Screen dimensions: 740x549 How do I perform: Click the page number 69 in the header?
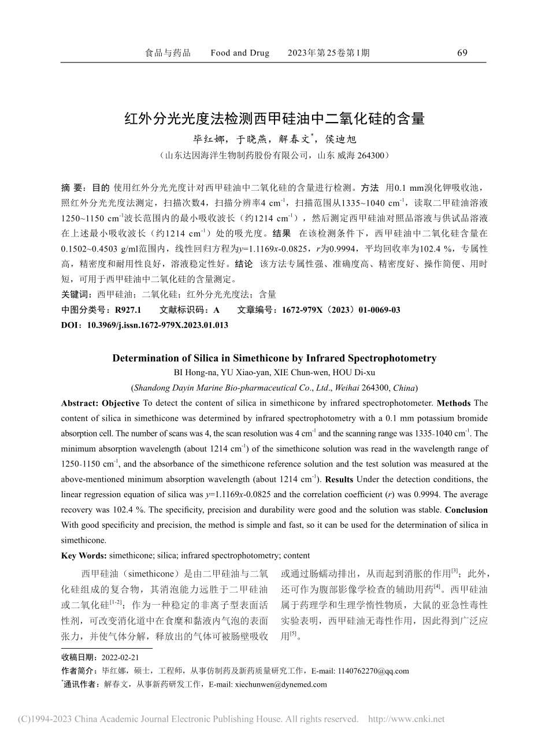coord(462,53)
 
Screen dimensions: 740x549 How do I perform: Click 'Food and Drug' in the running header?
coord(240,53)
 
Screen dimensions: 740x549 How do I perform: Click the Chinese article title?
coord(274,119)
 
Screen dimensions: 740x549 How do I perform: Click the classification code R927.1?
coord(128,310)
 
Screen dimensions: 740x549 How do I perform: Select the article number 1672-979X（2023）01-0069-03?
coord(341,310)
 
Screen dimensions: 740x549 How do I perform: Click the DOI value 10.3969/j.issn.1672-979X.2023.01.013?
coord(157,325)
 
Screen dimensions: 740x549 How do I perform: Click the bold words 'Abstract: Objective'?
coord(100,403)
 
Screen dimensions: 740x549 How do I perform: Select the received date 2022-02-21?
coord(120,657)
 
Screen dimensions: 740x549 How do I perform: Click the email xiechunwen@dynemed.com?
coord(280,684)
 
